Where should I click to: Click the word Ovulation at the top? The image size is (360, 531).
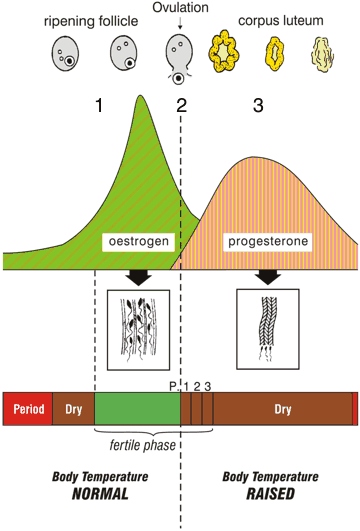tap(181, 8)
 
